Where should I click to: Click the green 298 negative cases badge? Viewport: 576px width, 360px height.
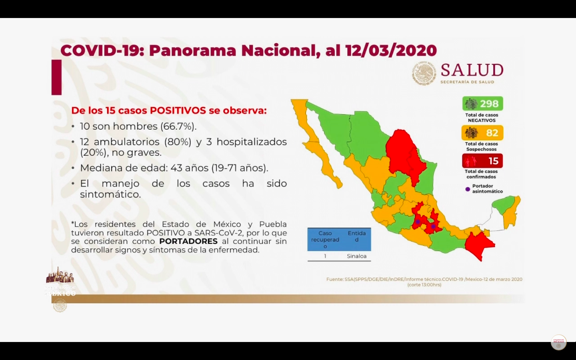point(483,104)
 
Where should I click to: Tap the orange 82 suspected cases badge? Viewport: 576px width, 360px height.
point(482,133)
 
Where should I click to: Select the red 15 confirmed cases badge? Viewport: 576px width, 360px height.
point(482,161)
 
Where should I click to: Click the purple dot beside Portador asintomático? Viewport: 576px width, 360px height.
point(468,189)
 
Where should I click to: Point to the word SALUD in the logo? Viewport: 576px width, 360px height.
point(472,70)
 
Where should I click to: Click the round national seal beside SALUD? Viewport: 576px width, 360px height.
point(424,74)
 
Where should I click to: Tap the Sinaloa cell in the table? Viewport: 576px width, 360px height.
point(356,256)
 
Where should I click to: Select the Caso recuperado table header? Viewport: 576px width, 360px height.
point(325,239)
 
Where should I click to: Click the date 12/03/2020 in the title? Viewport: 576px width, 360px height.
point(391,50)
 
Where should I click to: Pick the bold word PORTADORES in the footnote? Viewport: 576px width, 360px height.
point(188,241)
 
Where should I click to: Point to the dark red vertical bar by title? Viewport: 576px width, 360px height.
point(56,77)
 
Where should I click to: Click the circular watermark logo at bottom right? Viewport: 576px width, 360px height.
point(558,342)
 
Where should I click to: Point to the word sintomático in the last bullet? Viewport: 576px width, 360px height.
point(110,194)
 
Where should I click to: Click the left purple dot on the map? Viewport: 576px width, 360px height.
point(418,222)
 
